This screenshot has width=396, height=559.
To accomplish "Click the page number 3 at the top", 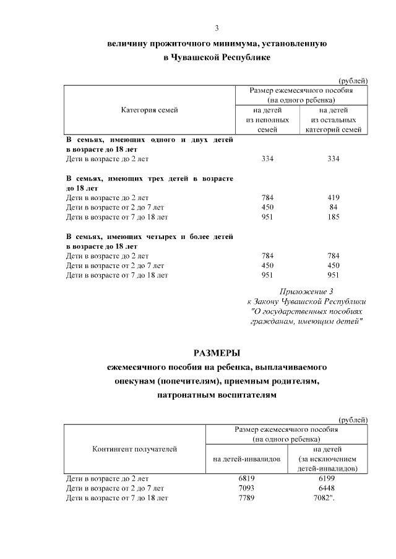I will pyautogui.click(x=217, y=28).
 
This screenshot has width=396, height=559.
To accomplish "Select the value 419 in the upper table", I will pyautogui.click(x=334, y=198).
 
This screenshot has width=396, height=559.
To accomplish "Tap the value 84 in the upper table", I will pyautogui.click(x=334, y=208).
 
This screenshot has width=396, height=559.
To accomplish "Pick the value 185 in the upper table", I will pyautogui.click(x=334, y=217).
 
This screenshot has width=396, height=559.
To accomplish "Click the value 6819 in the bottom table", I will pyautogui.click(x=246, y=478).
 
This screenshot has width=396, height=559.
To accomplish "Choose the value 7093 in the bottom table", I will pyautogui.click(x=246, y=488).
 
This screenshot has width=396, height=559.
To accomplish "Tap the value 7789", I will pyautogui.click(x=246, y=498).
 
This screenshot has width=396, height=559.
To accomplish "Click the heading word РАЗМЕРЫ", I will pyautogui.click(x=217, y=353).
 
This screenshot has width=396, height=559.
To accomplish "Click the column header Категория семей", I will pyautogui.click(x=149, y=110).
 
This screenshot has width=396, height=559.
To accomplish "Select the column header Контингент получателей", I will pyautogui.click(x=135, y=449).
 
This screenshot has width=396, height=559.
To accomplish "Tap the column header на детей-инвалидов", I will pyautogui.click(x=246, y=459).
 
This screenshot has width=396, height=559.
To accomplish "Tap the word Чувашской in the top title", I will pyautogui.click(x=199, y=57).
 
